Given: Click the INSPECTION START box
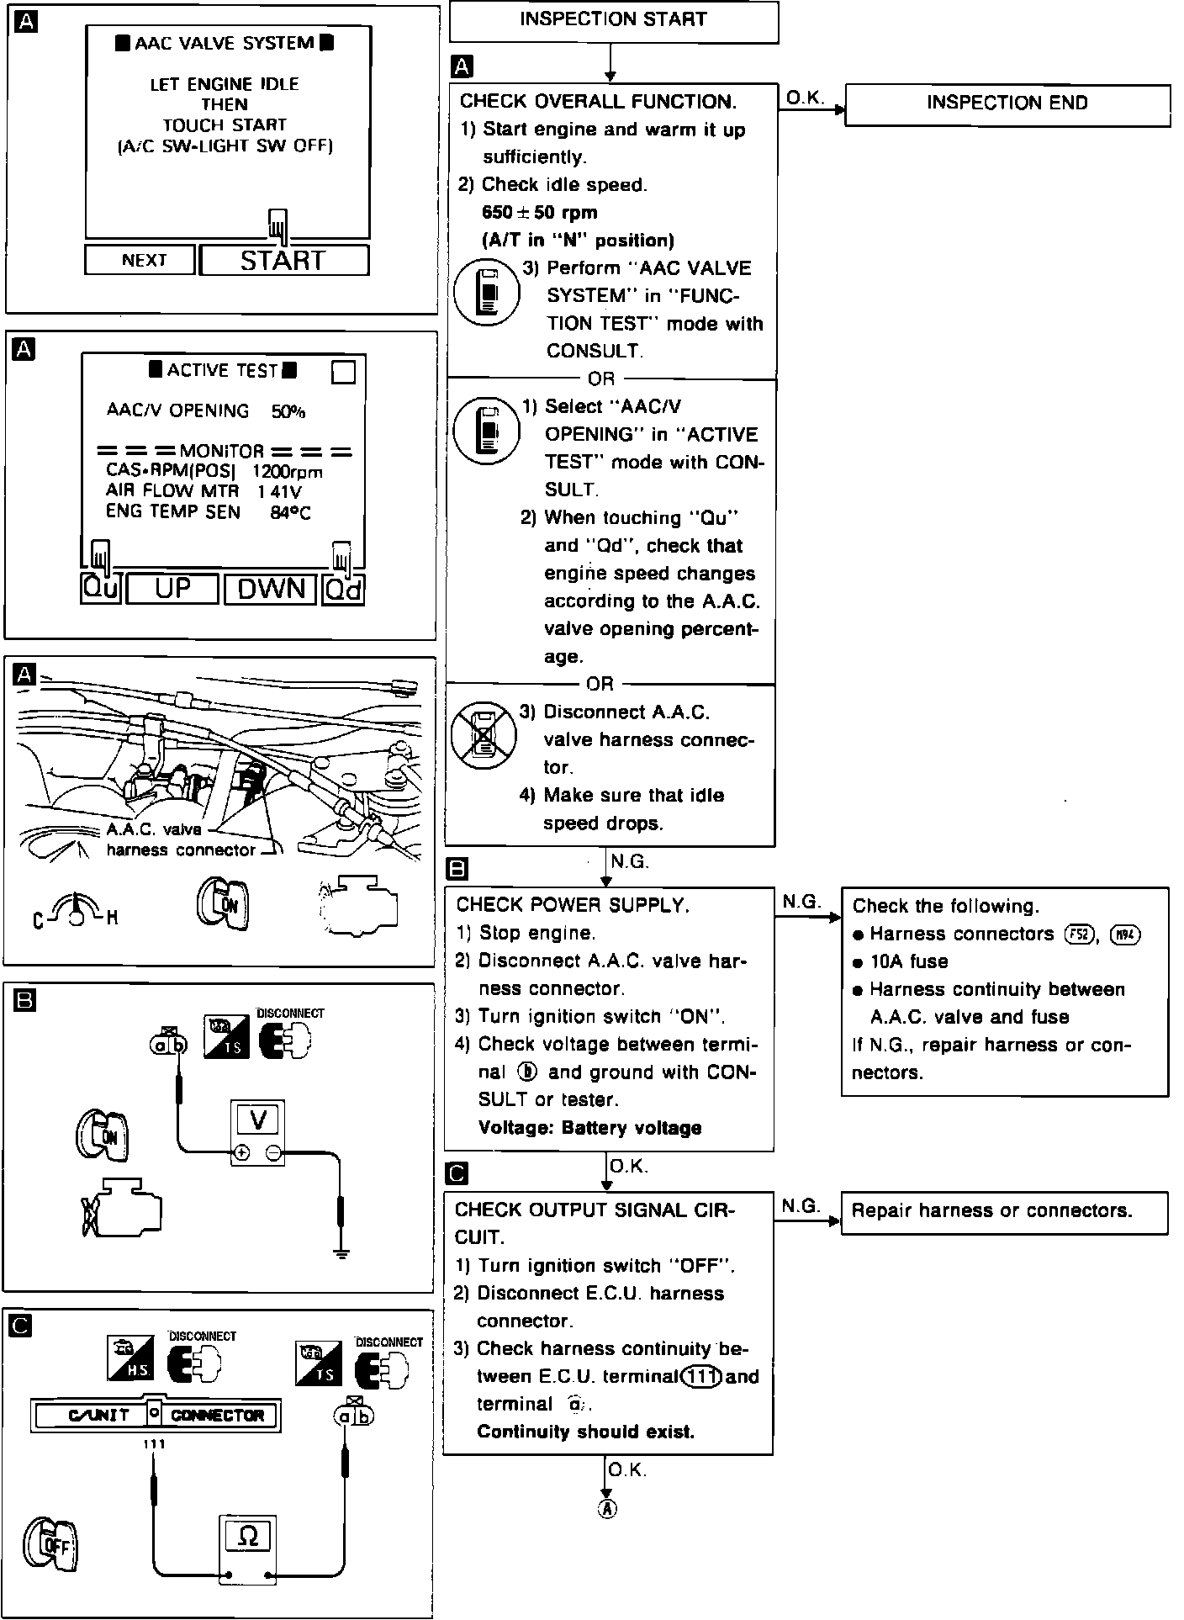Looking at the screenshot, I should point(613,21).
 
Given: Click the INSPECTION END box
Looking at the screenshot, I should point(1007,104).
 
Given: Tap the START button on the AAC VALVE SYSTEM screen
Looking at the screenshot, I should point(284,261).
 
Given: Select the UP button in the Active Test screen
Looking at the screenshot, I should point(172,589).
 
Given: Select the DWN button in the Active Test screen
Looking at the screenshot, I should point(270,589).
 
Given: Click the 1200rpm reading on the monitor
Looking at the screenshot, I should point(287,472).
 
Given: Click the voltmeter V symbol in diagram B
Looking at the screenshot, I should point(258,1120).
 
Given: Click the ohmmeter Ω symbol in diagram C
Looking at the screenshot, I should point(248,1536).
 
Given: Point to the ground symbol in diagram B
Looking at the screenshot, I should point(341,1254).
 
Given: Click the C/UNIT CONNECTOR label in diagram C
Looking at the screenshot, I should point(156,1416).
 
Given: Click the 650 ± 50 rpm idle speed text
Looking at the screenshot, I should point(539,213).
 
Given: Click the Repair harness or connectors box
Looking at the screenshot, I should point(1004,1211).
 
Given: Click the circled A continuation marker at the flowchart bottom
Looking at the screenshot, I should point(606,1508).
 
